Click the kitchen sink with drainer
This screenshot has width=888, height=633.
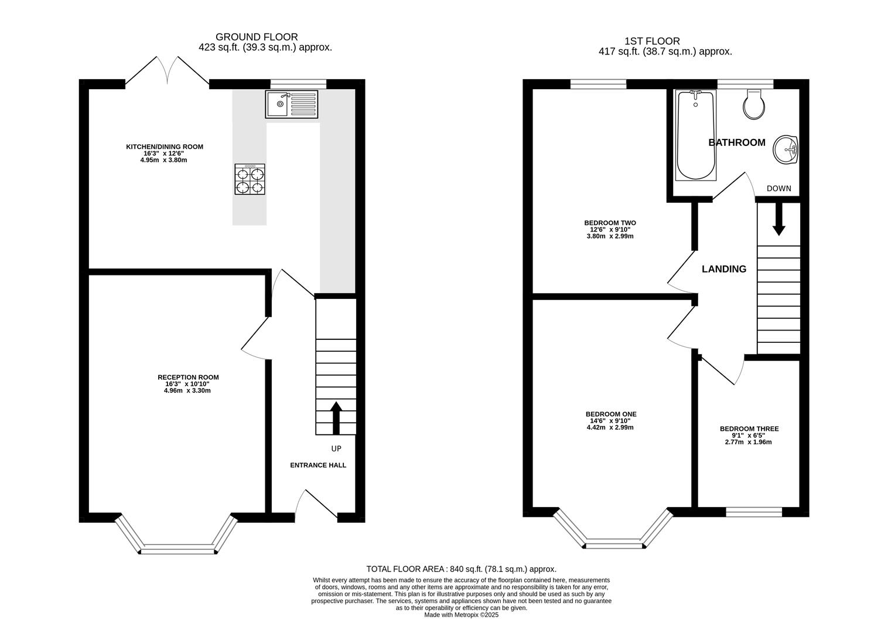pyautogui.click(x=291, y=104)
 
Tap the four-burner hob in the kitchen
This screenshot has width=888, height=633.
pyautogui.click(x=250, y=179)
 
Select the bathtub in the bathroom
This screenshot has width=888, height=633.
pyautogui.click(x=696, y=135)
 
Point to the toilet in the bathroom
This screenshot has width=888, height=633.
pyautogui.click(x=754, y=104)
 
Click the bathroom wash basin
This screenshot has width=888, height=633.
pyautogui.click(x=785, y=149)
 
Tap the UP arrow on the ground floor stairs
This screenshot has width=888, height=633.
pyautogui.click(x=336, y=418)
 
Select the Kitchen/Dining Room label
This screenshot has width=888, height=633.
pyautogui.click(x=165, y=147)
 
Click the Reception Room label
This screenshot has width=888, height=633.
pyautogui.click(x=188, y=377)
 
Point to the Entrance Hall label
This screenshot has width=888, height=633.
pyautogui.click(x=318, y=465)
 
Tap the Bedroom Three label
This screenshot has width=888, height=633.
pyautogui.click(x=749, y=429)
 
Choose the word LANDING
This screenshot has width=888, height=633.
pyautogui.click(x=724, y=269)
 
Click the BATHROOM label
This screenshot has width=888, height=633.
pyautogui.click(x=737, y=142)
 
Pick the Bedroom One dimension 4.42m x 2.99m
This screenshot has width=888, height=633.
pyautogui.click(x=610, y=427)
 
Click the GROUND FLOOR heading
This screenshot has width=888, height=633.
pyautogui.click(x=257, y=37)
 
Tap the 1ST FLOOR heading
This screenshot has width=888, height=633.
pyautogui.click(x=652, y=41)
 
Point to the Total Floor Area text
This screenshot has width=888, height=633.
pyautogui.click(x=462, y=569)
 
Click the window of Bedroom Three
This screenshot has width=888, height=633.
pyautogui.click(x=754, y=512)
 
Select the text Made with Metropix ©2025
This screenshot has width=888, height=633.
pyautogui.click(x=461, y=615)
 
